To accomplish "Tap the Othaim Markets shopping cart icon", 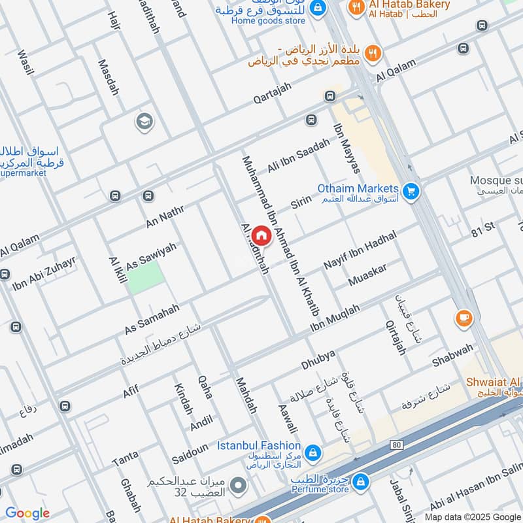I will tap(411, 190).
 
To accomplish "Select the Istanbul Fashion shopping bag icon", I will tap(313, 452).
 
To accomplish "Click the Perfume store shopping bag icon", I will tap(359, 482).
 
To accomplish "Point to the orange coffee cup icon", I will tap(464, 318).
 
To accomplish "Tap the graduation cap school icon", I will tap(143, 121).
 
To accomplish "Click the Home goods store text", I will tap(268, 21).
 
